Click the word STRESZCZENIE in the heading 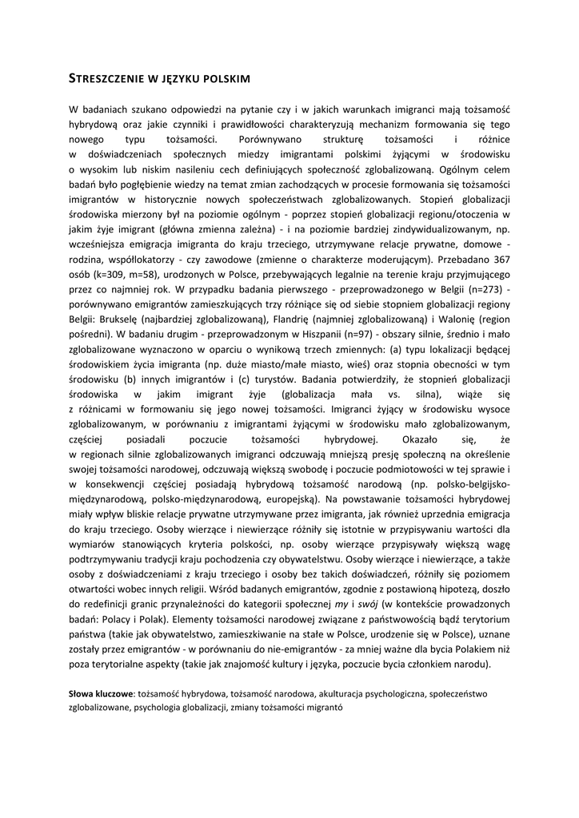point(103,78)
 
